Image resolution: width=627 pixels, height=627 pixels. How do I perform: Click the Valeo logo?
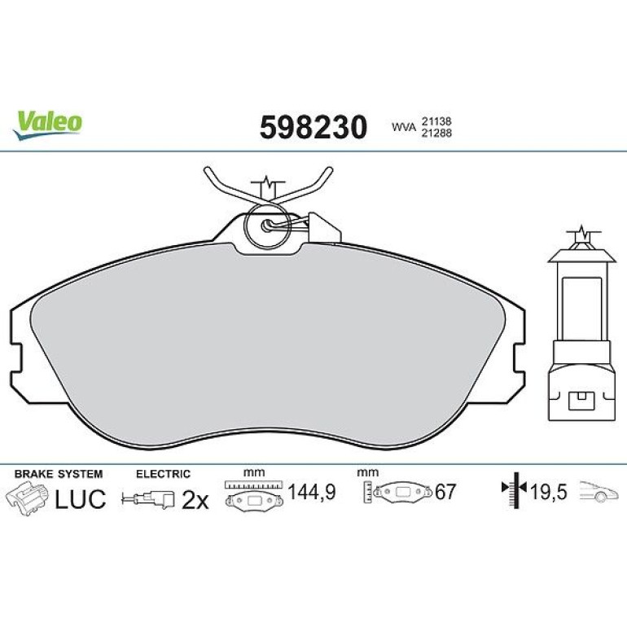click(x=48, y=125)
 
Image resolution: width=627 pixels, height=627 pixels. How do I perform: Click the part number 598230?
click(x=313, y=127)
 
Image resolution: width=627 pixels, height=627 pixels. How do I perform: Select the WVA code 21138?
click(x=436, y=121)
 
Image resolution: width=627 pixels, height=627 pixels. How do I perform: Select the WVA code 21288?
click(x=436, y=134)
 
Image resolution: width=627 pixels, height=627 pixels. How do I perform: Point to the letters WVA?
click(x=404, y=128)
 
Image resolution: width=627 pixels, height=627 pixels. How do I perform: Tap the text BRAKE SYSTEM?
click(x=59, y=474)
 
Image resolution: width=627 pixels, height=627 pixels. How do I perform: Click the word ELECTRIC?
click(x=163, y=474)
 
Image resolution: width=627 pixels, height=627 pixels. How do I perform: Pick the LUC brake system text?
click(x=80, y=498)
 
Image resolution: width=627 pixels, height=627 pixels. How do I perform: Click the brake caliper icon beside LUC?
click(x=27, y=498)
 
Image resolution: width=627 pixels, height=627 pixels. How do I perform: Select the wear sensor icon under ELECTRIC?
click(x=148, y=499)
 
